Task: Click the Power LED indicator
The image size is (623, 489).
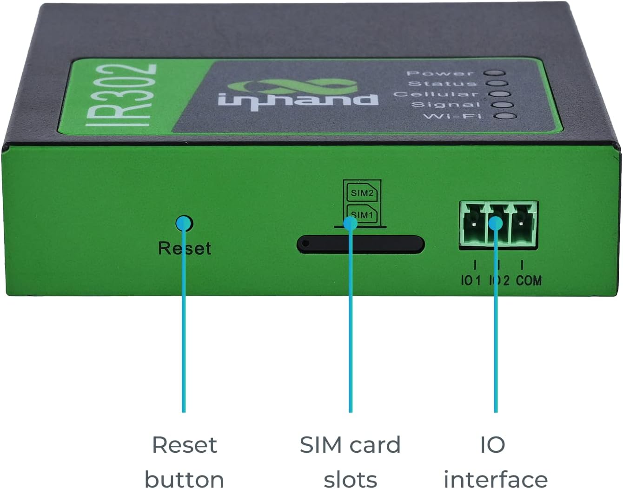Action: (x=495, y=73)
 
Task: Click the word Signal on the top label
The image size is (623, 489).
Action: (x=445, y=105)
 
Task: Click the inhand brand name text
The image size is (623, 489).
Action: (x=298, y=100)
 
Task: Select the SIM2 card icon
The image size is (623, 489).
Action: (x=362, y=192)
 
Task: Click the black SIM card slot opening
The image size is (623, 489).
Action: (x=361, y=244)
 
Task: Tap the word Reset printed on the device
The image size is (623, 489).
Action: (x=185, y=248)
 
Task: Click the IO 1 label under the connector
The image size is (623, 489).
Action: (x=471, y=280)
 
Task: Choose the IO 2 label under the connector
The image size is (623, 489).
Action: (x=499, y=280)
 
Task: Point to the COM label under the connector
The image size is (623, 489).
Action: (x=529, y=280)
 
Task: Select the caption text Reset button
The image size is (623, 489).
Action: (x=185, y=462)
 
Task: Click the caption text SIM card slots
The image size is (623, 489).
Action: (x=350, y=462)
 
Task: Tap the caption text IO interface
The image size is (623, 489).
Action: (x=495, y=462)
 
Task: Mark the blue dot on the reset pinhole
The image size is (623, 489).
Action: (x=184, y=224)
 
